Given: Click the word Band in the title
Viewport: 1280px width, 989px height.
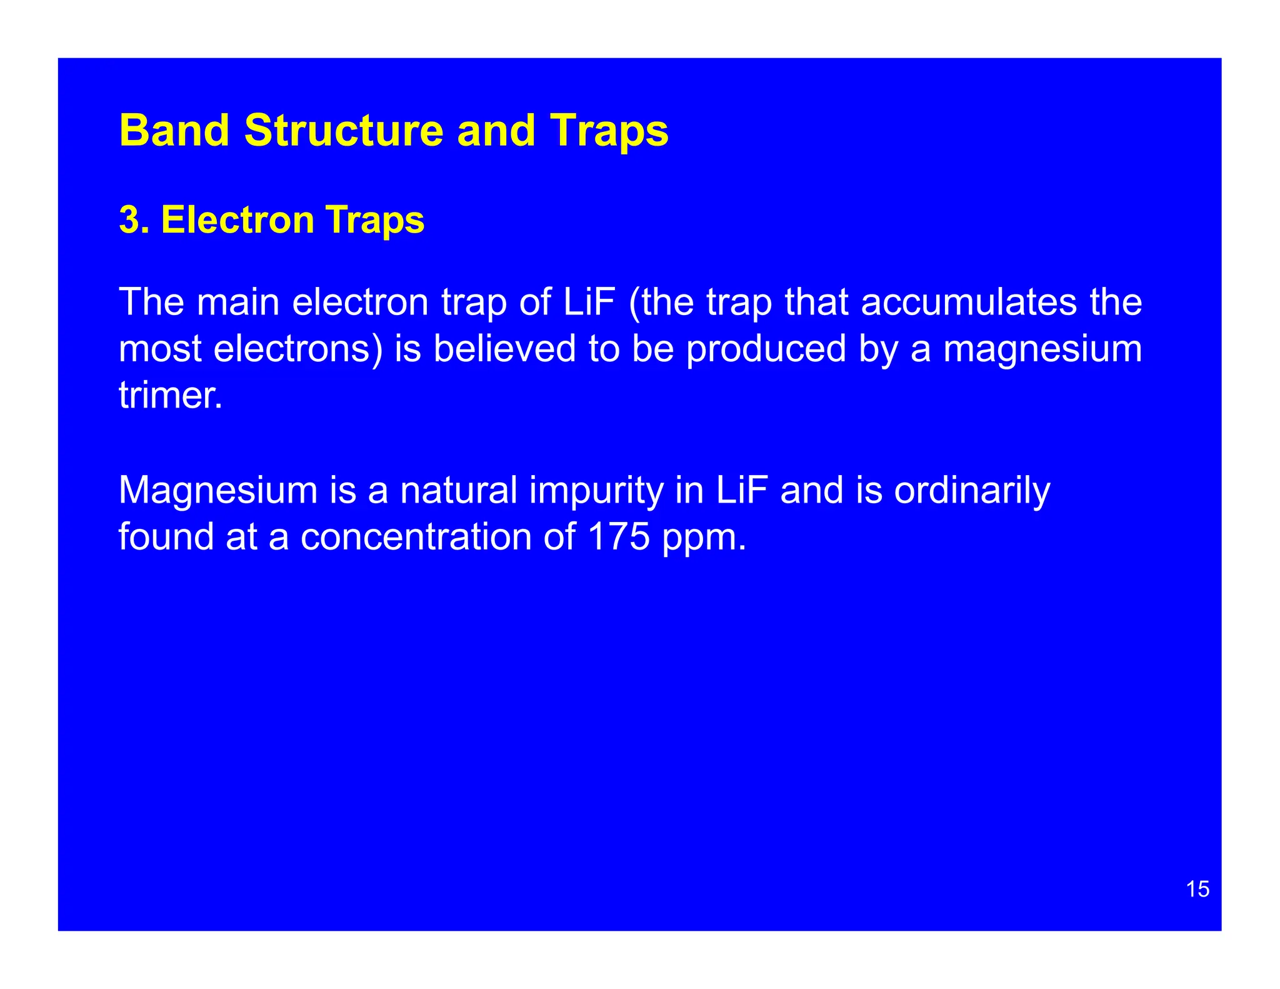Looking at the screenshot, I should pos(174,131).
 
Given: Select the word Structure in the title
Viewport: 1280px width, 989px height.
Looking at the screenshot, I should pos(342,131).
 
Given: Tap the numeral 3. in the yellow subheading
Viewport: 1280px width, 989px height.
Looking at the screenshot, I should pos(134,220).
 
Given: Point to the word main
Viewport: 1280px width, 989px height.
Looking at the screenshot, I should pos(238,302).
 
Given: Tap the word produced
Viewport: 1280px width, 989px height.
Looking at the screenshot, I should pos(766,348).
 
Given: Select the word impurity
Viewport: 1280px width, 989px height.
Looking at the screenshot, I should pos(596,491).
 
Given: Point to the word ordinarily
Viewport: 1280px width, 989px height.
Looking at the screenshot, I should pos(972,491).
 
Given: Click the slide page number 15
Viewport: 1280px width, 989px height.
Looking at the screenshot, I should pos(1197,889).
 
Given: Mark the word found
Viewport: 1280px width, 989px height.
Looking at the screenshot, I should pos(166,536).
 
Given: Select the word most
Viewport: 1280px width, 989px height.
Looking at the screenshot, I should pos(160,349).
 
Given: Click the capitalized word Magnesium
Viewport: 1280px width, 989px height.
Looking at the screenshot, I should pos(218,491).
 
